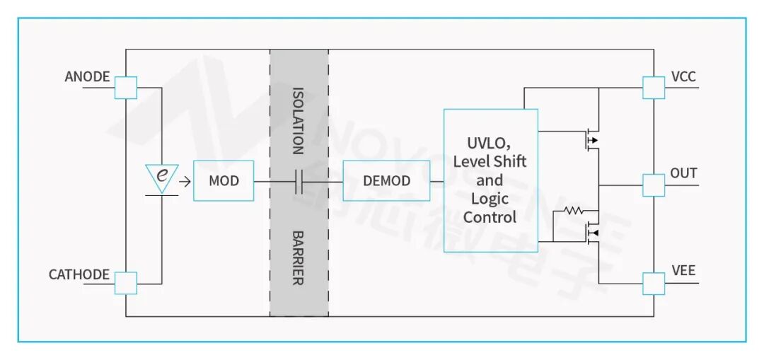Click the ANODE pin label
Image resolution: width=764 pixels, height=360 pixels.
[x=87, y=76]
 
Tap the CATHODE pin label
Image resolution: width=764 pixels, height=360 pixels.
[x=79, y=274]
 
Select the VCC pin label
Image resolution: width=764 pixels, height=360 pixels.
[x=683, y=76]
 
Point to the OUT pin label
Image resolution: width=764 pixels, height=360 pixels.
[x=683, y=173]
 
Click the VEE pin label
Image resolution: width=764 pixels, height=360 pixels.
[x=683, y=271]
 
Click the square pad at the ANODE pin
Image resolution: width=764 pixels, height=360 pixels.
[x=126, y=88]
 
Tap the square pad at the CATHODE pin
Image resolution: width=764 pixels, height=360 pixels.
[x=126, y=283]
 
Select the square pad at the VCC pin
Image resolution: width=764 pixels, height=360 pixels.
[x=654, y=88]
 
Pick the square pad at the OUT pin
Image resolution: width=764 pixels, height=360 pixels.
[x=654, y=185]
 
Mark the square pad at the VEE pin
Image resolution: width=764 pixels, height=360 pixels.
[x=654, y=283]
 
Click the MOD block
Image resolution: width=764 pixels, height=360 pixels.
[x=224, y=180]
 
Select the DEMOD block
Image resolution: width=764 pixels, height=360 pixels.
[x=386, y=180]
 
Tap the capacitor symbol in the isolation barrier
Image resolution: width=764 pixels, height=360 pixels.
[x=299, y=181]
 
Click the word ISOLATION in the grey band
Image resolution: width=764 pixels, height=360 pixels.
[x=299, y=120]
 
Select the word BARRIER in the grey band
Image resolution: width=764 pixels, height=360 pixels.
[x=299, y=257]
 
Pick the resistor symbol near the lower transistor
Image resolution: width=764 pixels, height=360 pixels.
[x=573, y=211]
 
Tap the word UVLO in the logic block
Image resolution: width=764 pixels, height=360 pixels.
[x=488, y=141]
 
